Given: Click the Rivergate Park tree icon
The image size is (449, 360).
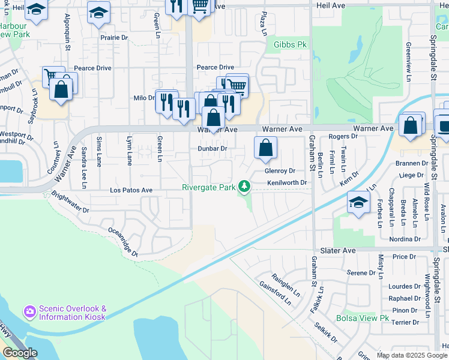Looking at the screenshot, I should tap(244, 187).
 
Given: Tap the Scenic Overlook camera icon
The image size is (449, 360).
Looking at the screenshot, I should tap(29, 312).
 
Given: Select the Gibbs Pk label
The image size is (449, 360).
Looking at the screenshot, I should tap(290, 45).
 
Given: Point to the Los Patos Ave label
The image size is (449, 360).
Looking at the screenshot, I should tap(131, 190).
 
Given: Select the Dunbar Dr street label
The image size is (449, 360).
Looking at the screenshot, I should tap(212, 148).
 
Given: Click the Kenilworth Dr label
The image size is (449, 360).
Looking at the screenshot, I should tap(287, 182).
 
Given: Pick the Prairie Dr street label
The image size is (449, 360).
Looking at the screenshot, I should tap(114, 37).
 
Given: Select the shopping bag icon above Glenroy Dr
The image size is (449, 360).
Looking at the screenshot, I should tap(265, 148).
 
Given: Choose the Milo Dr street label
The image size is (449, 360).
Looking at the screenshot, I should tap(143, 98).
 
